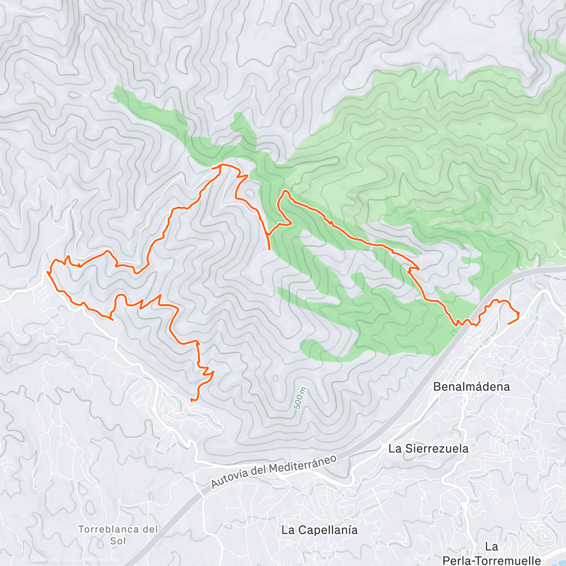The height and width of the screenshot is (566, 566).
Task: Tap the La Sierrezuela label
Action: click(428, 448)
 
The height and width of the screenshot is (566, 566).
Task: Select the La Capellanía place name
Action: click(319, 530)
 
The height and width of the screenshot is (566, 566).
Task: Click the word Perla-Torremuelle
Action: click(491, 560)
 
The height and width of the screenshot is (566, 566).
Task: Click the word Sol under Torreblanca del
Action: click(118, 541)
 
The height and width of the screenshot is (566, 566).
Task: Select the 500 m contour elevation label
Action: click(299, 399)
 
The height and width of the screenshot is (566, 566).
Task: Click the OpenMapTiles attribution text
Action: click(50, 560)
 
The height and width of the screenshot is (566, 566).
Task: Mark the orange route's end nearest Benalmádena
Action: click(508, 323)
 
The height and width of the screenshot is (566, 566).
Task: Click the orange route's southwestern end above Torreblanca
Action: click(191, 400)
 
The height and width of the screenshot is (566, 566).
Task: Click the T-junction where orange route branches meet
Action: click(268, 234)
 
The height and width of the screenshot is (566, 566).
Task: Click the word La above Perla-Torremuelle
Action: click(491, 547)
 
